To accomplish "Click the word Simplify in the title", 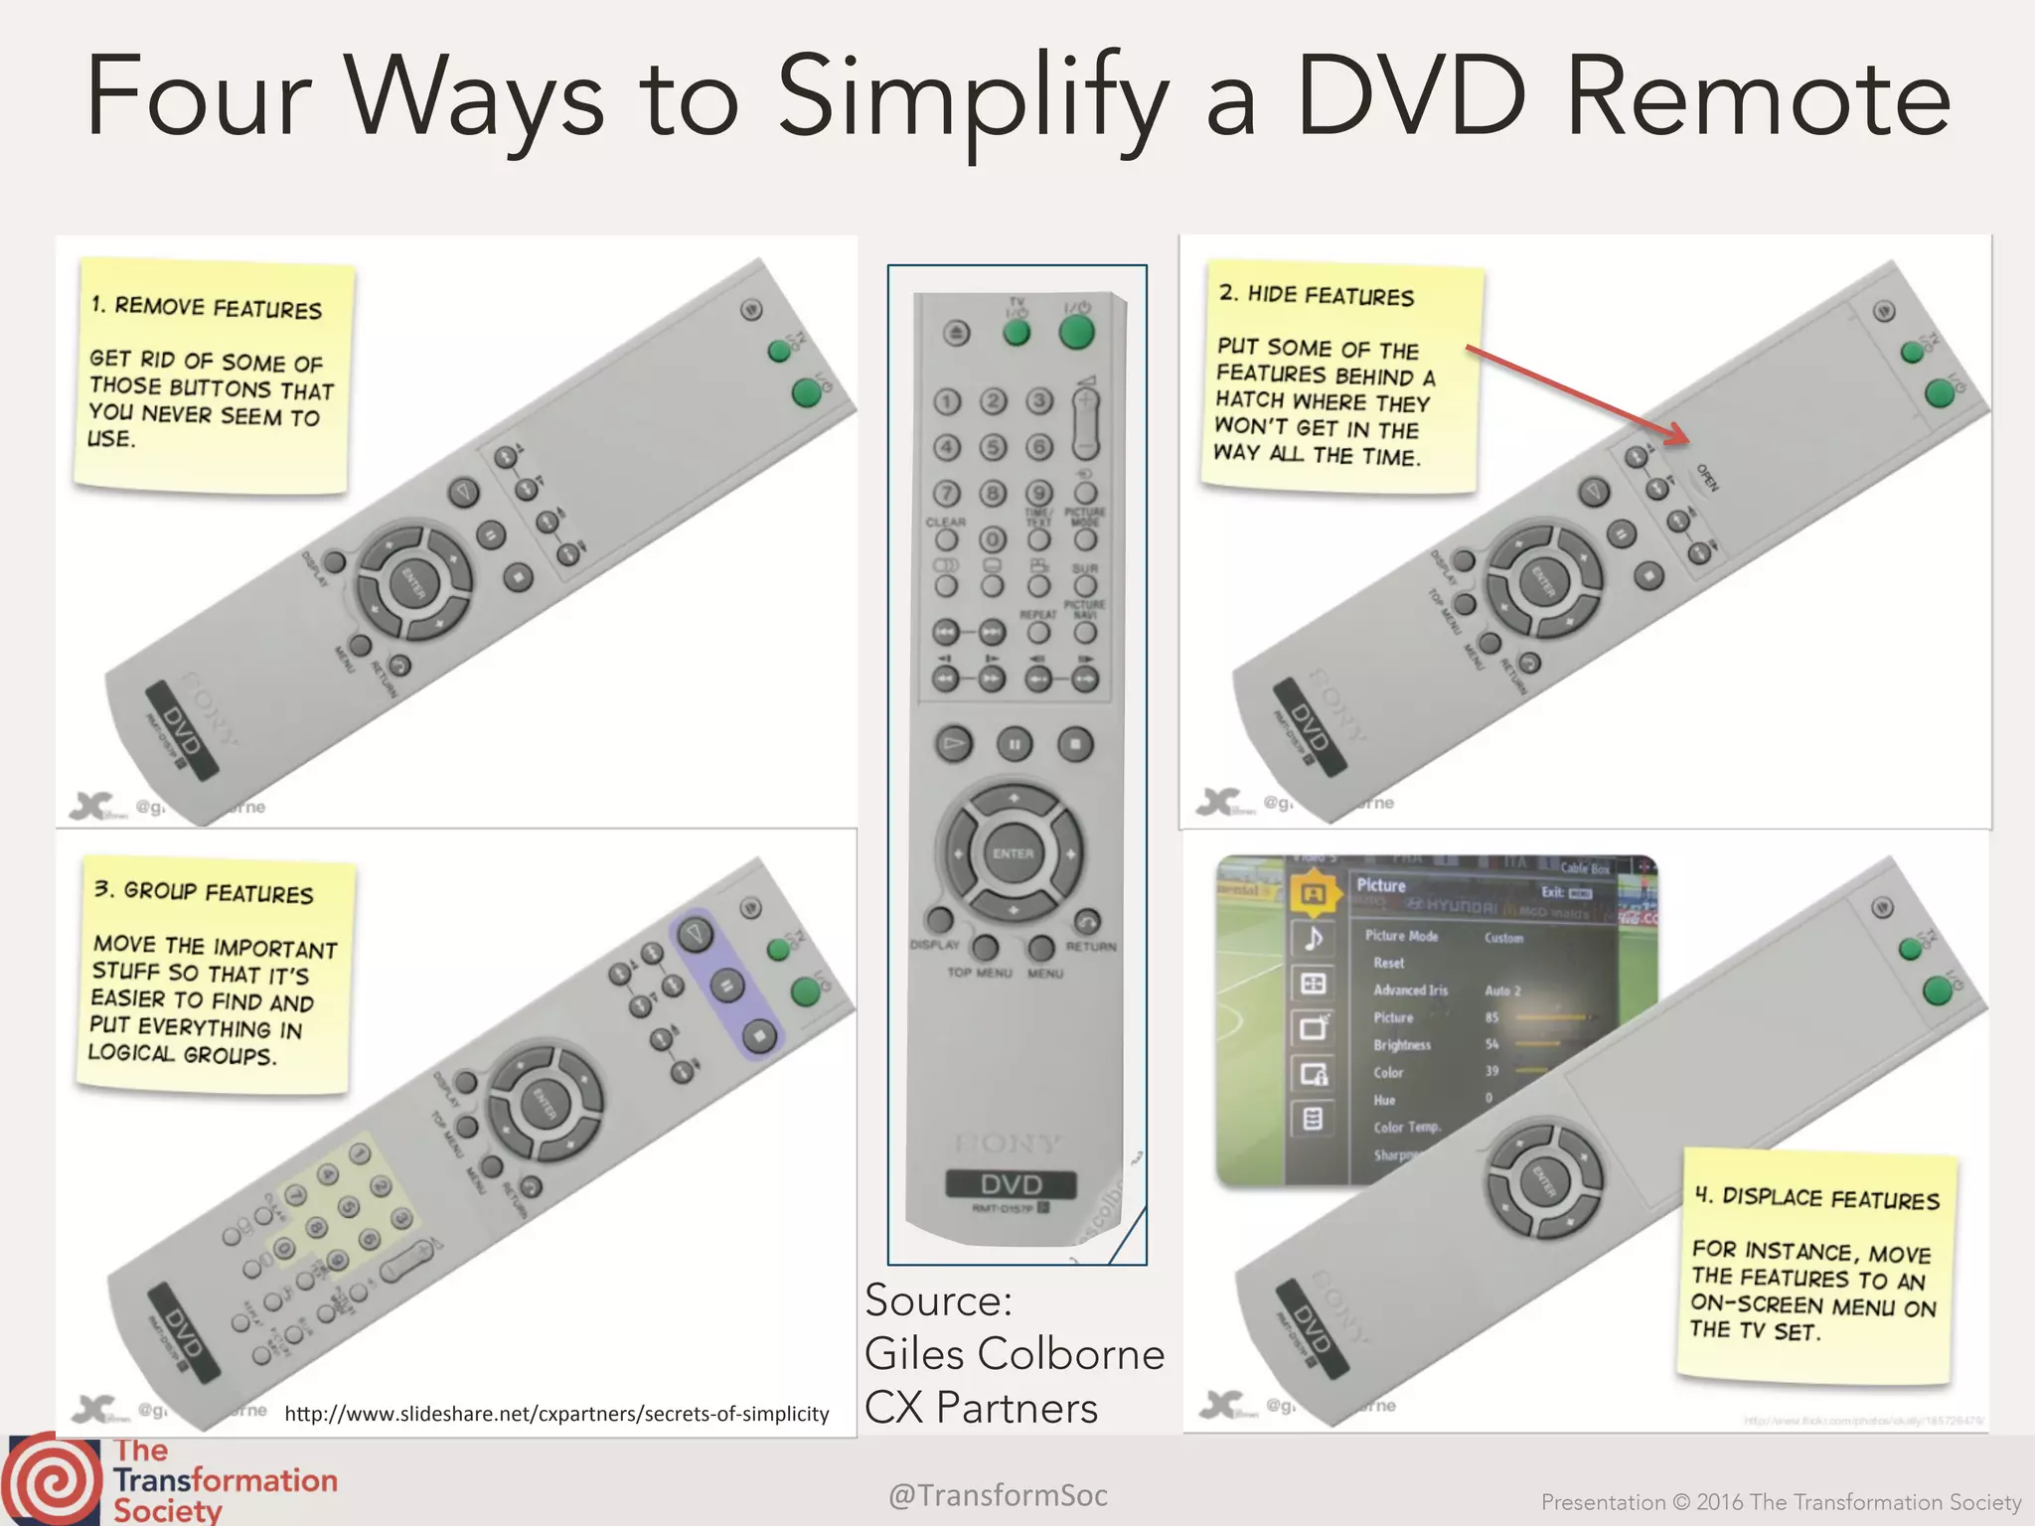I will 972,99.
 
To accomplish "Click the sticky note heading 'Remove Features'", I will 207,308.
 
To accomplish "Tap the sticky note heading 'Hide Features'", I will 1317,295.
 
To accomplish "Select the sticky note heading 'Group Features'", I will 205,892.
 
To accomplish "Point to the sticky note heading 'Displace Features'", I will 1816,1198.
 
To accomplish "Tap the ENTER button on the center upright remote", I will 1013,853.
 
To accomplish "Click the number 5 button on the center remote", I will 993,447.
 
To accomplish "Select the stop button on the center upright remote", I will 1074,744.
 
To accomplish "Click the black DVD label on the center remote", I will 1011,1184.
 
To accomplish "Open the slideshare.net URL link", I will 556,1414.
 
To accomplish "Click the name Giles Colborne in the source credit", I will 1014,1354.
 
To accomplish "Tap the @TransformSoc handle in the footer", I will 998,1495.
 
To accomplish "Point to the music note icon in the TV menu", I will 1313,938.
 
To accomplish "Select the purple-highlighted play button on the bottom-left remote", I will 695,933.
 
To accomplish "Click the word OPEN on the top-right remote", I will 1707,478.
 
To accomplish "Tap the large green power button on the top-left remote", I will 806,393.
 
